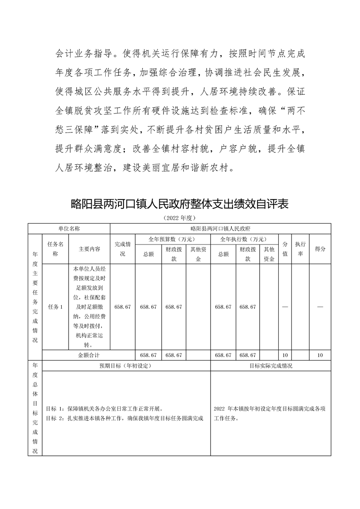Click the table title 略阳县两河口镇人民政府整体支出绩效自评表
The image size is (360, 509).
[180, 204]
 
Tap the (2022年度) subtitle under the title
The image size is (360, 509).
[180, 218]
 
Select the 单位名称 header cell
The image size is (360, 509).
[69, 229]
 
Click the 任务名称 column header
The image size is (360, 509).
[55, 249]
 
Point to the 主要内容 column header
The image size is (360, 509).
[89, 249]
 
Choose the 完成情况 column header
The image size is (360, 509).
[123, 249]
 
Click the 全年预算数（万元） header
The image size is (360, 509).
[173, 239]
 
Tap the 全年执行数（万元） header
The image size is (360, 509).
[244, 239]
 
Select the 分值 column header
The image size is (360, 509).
[285, 249]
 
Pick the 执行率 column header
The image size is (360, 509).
[300, 249]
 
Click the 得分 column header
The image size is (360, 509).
[320, 249]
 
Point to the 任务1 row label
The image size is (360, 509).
[55, 307]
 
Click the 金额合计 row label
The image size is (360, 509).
[89, 355]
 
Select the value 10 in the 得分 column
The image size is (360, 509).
[320, 355]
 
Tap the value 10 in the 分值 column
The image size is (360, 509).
[285, 355]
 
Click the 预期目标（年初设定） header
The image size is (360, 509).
[125, 365]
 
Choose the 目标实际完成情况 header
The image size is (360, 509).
[271, 365]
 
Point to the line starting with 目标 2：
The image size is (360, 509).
[124, 418]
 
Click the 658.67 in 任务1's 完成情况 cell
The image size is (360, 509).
[123, 307]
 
